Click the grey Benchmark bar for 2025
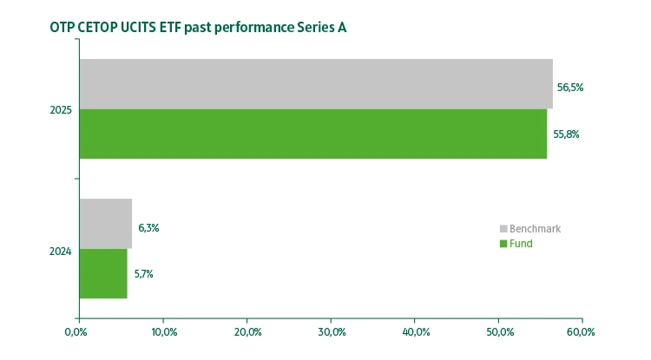pos(316,83)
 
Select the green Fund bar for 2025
pos(312,134)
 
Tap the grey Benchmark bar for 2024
pos(105,224)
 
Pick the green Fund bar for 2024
pos(102,273)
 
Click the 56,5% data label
pos(569,88)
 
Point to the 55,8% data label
pos(566,134)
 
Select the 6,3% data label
pos(148,228)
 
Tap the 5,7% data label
pos(143,274)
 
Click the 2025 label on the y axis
pos(61,110)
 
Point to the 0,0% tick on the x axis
pos(77,331)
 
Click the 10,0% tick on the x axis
pos(164,331)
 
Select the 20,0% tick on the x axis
pos(247,331)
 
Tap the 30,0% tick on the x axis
pos(332,331)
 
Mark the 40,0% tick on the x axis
pos(415,331)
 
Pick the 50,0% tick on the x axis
pos(499,331)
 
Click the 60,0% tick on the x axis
pos(581,331)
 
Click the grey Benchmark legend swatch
pos(503,229)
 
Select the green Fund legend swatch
pos(503,245)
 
